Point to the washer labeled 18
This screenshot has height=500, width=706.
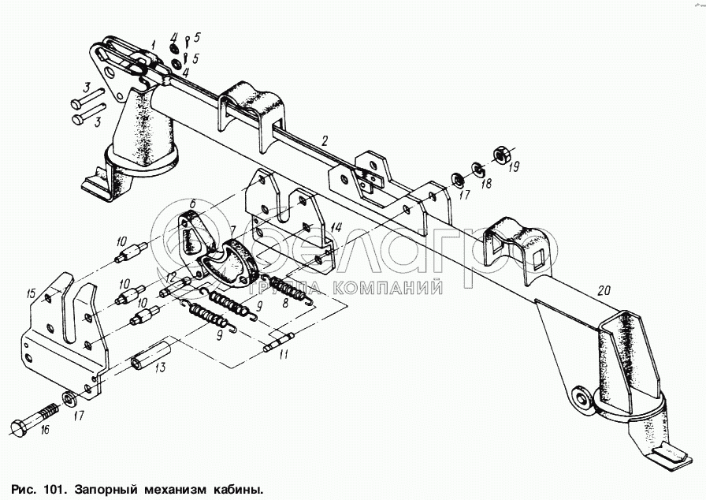[477, 167]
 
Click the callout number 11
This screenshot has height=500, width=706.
[284, 355]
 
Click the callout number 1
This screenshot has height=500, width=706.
[153, 44]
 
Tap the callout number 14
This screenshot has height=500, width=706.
[336, 227]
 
